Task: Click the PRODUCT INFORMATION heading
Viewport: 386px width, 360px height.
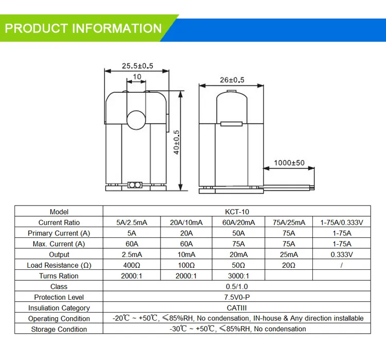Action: (x=83, y=28)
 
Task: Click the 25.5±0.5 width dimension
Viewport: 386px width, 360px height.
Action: (x=137, y=66)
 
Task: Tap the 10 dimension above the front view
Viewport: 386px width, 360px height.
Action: (x=137, y=77)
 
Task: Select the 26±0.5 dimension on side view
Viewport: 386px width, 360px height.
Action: (x=232, y=80)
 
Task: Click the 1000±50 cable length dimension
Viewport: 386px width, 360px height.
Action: (x=289, y=163)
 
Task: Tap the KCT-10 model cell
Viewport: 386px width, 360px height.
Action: (x=237, y=212)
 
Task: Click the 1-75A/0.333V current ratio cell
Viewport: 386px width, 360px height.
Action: (x=342, y=222)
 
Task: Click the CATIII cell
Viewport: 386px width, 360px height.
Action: (x=237, y=308)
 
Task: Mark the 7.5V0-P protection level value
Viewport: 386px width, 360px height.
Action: (x=237, y=297)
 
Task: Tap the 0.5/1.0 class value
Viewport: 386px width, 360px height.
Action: (x=237, y=286)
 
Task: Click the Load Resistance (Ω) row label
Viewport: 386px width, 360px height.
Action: (x=59, y=265)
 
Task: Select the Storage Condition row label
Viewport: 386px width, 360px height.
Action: (x=59, y=329)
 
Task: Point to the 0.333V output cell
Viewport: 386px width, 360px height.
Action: (x=342, y=254)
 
